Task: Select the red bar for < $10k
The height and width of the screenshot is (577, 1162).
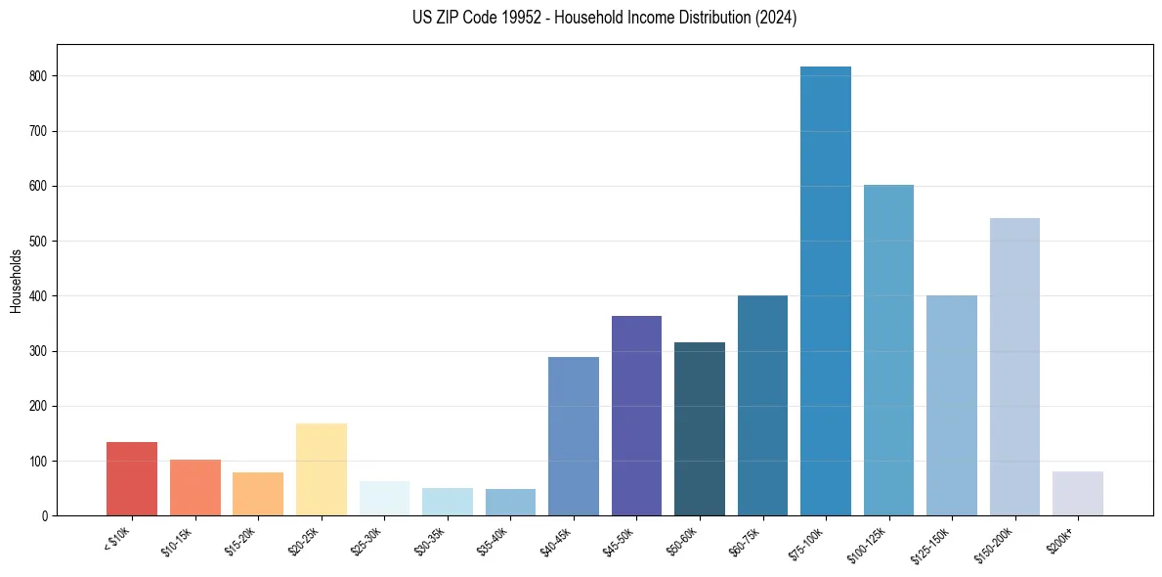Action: pyautogui.click(x=132, y=478)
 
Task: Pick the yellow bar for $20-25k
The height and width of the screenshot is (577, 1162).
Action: pyautogui.click(x=322, y=469)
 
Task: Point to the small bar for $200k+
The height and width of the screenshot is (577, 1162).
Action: pyautogui.click(x=1078, y=493)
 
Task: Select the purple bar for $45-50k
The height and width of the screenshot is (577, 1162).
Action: pyautogui.click(x=636, y=416)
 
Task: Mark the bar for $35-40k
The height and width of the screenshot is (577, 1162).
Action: pyautogui.click(x=510, y=502)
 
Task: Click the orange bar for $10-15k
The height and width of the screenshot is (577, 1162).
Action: pyautogui.click(x=195, y=487)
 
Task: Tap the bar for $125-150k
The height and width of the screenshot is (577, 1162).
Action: pyautogui.click(x=952, y=405)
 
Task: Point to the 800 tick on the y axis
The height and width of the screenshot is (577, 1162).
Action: pyautogui.click(x=39, y=76)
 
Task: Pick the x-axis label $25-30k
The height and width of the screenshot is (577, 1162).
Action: pyautogui.click(x=367, y=540)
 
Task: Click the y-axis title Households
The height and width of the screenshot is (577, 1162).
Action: pyautogui.click(x=16, y=281)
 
